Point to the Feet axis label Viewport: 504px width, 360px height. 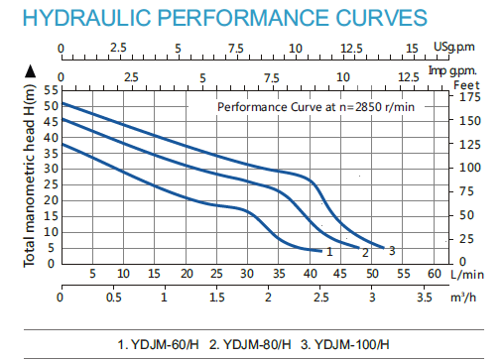pos(466,84)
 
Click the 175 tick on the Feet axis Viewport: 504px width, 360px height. pos(467,97)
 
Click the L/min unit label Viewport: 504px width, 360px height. pos(467,273)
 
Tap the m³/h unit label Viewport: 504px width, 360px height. pos(462,298)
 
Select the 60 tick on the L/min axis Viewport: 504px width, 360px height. pos(433,273)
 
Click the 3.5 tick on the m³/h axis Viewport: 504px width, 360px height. pos(424,298)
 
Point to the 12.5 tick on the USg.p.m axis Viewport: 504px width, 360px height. pos(352,47)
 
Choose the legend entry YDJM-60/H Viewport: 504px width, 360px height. pos(165,344)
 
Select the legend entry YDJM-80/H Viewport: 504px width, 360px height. pos(254,344)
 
